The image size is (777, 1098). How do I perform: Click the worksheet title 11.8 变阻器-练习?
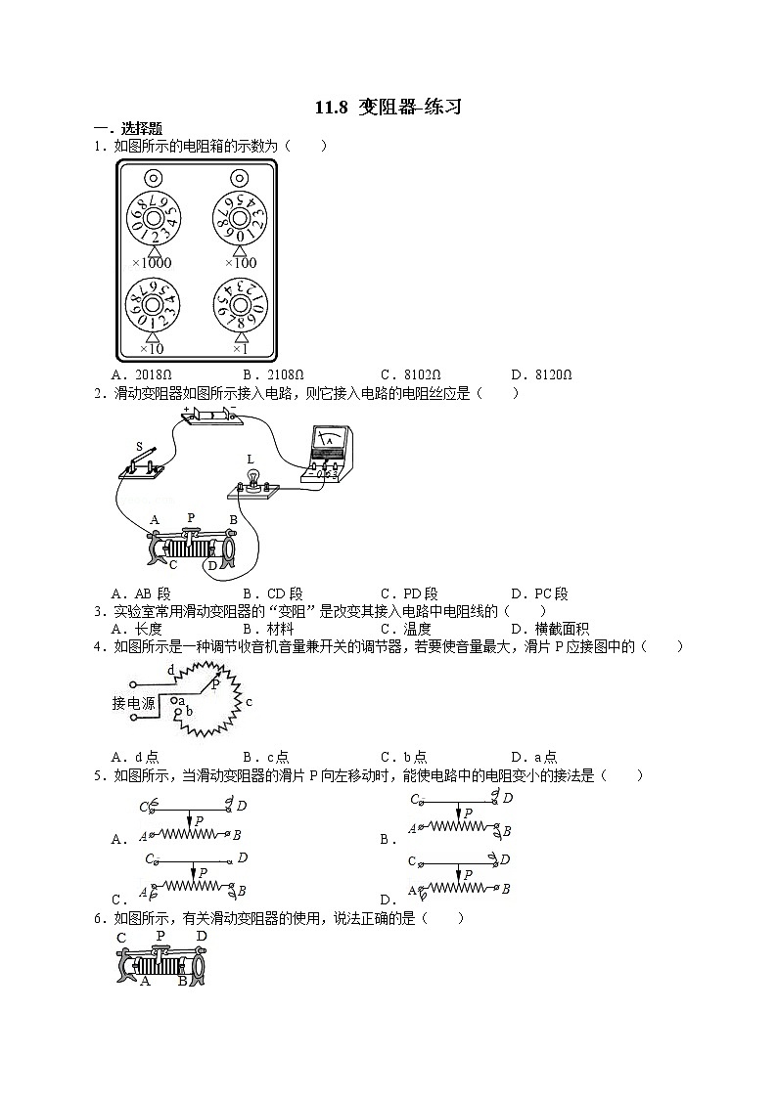(x=388, y=109)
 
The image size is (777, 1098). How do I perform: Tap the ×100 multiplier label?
(x=240, y=262)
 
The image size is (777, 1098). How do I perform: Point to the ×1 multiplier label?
(x=240, y=348)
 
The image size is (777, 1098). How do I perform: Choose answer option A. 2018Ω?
(x=143, y=374)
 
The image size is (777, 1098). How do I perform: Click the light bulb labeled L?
(x=252, y=478)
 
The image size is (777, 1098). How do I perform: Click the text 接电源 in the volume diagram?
(x=133, y=703)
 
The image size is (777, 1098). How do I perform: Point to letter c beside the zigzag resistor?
(x=249, y=702)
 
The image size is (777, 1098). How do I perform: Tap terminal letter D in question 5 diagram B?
(x=507, y=798)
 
